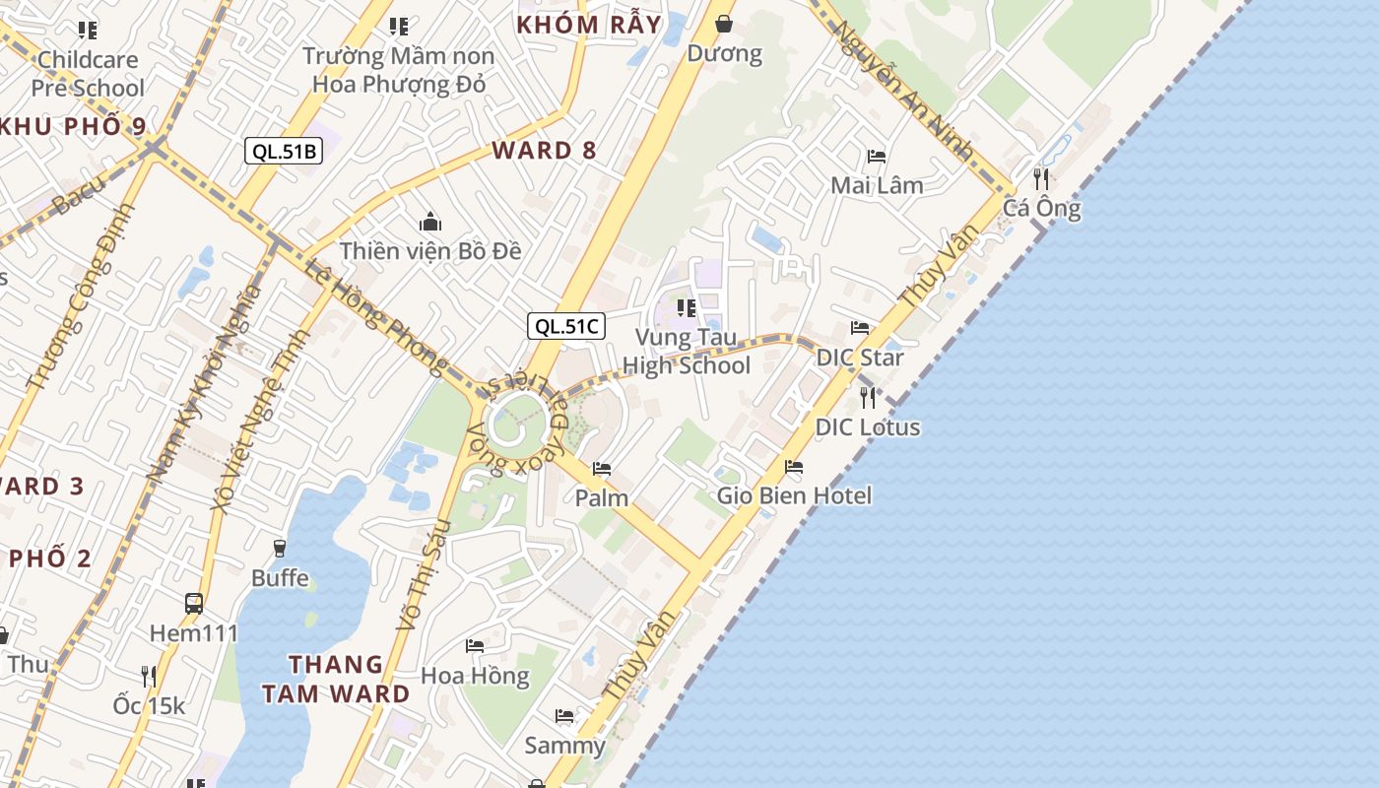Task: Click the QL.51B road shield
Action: point(284,151)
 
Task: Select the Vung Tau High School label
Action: point(687,352)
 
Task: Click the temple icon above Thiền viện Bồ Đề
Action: point(429,223)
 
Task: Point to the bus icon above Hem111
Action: point(194,603)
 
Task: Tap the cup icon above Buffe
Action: point(280,548)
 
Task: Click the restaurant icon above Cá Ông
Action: point(1041,178)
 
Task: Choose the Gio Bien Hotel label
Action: point(794,494)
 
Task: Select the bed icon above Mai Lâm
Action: point(877,156)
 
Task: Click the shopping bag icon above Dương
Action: point(724,23)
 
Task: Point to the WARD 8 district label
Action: point(544,150)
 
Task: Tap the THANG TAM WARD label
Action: point(336,679)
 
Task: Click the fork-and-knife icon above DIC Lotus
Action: point(868,397)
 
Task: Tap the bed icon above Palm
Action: point(602,469)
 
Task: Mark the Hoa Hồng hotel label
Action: point(475,676)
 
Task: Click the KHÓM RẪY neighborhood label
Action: point(589,25)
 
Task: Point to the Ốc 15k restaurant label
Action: point(149,705)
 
